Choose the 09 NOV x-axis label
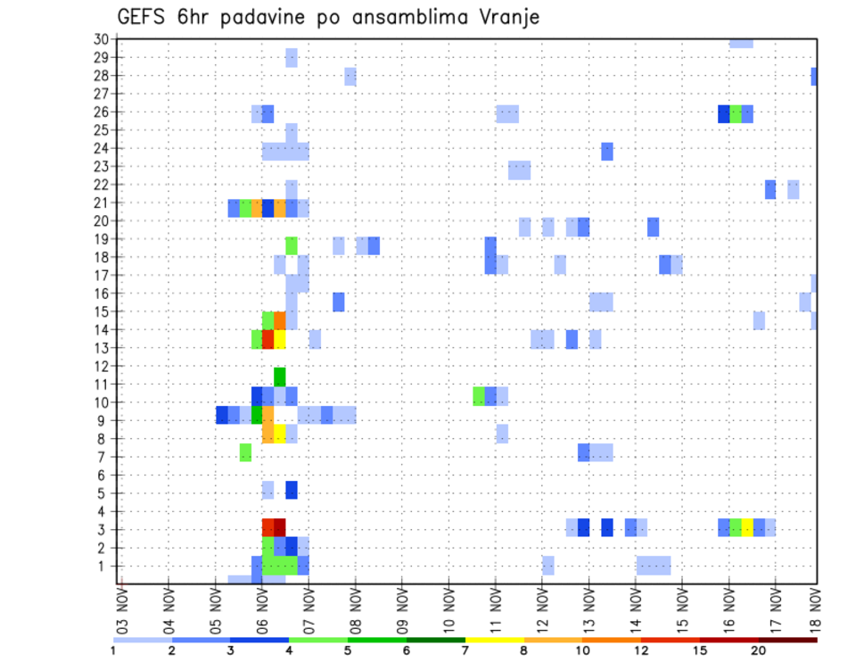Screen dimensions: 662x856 401,608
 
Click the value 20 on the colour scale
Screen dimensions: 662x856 758,650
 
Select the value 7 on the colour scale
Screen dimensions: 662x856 465,650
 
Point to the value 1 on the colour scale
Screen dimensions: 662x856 113,650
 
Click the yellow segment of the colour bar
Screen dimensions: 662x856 495,640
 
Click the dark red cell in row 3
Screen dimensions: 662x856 279,527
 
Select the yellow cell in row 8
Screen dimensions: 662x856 279,434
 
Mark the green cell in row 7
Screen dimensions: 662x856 245,452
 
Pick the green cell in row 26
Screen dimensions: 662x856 736,114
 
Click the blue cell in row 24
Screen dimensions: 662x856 607,152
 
